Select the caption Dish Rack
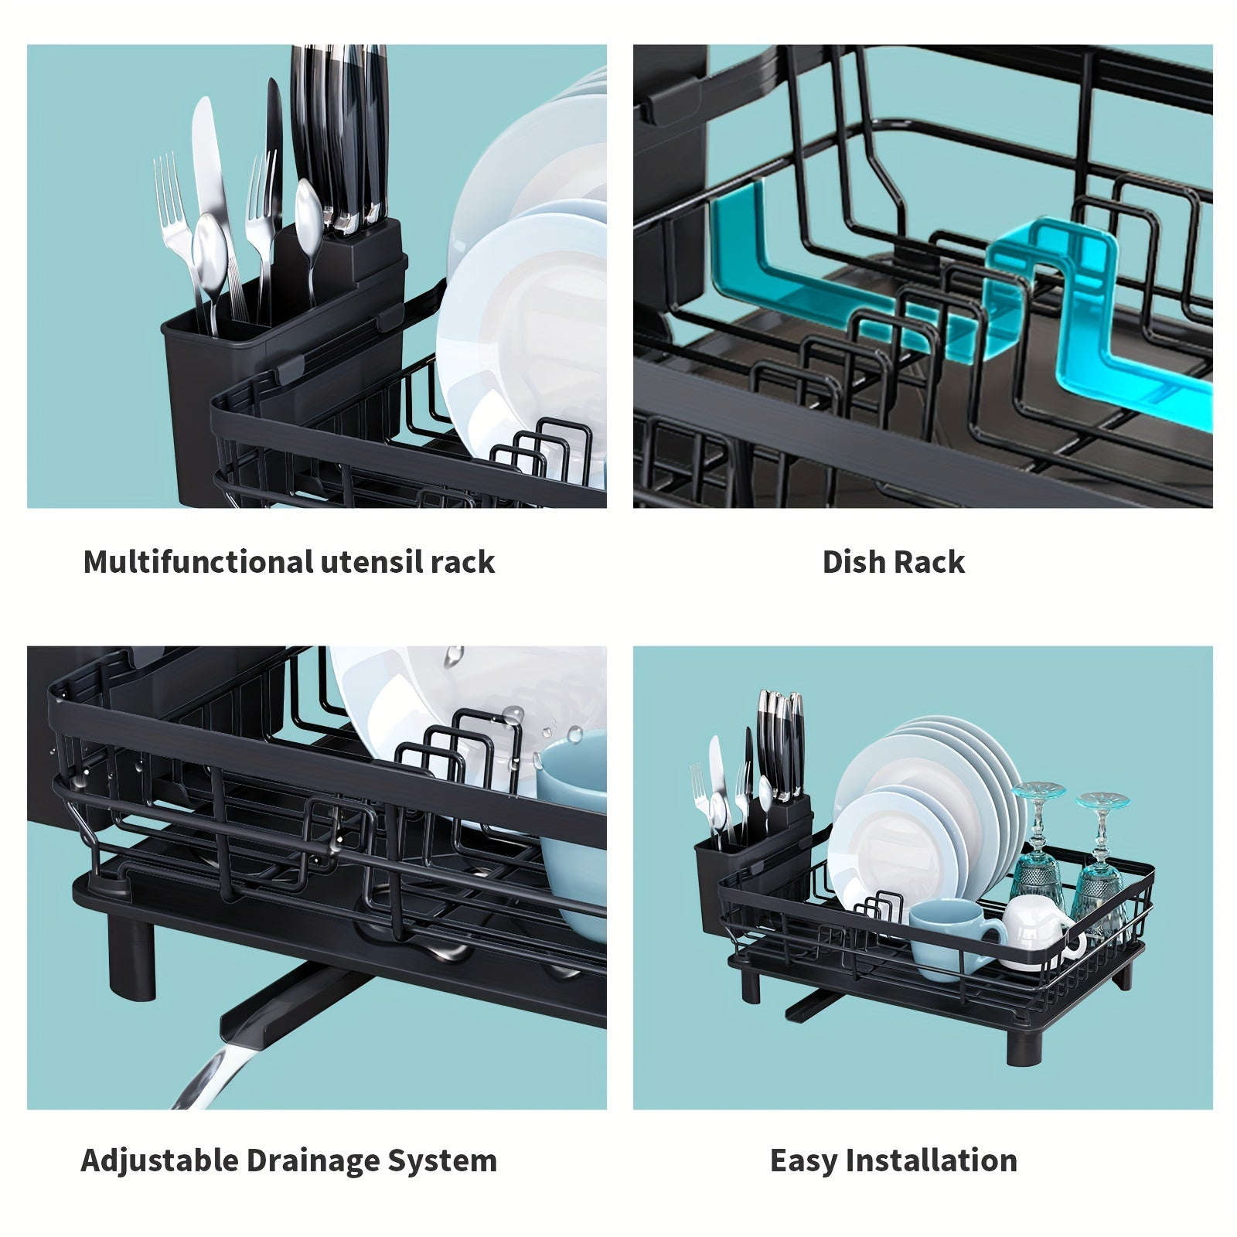(x=893, y=562)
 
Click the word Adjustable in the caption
(x=158, y=1160)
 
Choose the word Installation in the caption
(x=931, y=1160)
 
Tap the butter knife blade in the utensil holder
(x=207, y=155)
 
